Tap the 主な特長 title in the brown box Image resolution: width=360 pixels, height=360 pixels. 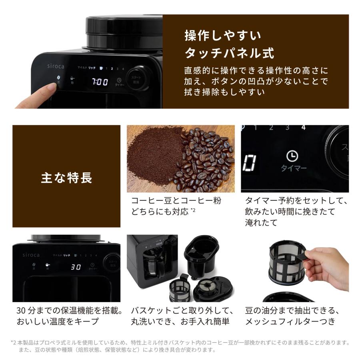(x=66, y=178)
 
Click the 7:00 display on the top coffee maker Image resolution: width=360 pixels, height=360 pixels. (x=100, y=82)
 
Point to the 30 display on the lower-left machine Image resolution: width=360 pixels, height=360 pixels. (x=76, y=267)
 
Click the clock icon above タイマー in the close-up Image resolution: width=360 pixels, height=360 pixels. (x=292, y=156)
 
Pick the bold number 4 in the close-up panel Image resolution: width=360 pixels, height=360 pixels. (x=303, y=128)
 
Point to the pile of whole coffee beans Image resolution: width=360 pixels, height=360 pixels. (x=206, y=160)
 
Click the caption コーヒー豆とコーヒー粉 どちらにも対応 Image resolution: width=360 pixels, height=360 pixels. (x=176, y=206)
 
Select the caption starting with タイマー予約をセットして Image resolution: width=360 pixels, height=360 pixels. (x=296, y=212)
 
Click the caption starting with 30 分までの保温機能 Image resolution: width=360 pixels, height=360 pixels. (x=69, y=316)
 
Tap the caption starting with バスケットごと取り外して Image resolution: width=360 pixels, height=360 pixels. (x=182, y=316)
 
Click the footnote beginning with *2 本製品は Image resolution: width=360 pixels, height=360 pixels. (x=180, y=346)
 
